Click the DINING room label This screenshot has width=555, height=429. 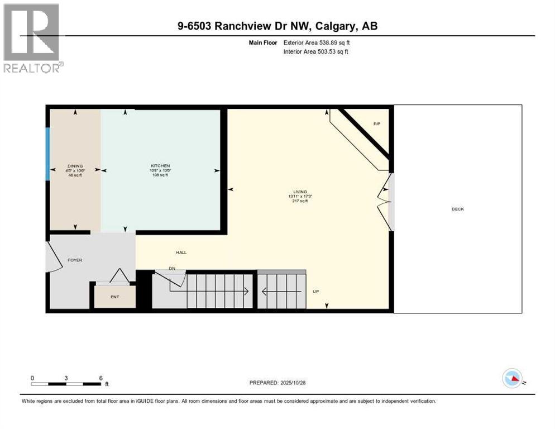point(75,166)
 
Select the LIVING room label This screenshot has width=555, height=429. point(301,192)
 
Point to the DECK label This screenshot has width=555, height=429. point(458,209)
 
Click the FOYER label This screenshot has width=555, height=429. point(75,260)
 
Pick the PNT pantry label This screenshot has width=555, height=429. point(114,297)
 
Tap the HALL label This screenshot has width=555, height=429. point(181,252)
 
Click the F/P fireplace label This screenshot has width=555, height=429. point(377,123)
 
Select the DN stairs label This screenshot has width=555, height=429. point(173,269)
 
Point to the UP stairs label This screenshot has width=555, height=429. point(315,291)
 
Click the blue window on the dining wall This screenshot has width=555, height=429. point(48,154)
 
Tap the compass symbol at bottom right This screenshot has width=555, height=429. point(513,378)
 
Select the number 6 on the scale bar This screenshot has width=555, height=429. point(101,378)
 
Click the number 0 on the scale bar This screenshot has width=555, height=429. point(32,378)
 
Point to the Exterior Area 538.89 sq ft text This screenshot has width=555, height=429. point(317,42)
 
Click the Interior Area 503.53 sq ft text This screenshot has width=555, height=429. point(317,52)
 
